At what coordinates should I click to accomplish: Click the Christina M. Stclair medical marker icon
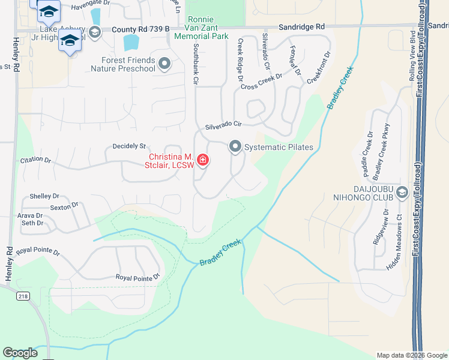point(203,160)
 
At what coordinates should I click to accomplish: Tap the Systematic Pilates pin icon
point(235,146)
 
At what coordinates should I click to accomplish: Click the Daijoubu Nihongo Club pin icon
point(402,192)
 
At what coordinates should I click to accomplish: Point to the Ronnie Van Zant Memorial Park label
point(201,28)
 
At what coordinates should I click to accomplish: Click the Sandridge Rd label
point(302,27)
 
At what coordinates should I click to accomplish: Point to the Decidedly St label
point(130,146)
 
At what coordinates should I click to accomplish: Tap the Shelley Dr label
point(44,196)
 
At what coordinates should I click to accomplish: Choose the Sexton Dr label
point(65,206)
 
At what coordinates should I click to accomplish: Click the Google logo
point(20,353)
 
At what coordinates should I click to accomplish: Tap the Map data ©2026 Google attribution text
point(411,355)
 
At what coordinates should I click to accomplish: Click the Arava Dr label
point(30,215)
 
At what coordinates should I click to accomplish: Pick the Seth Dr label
point(32,223)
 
